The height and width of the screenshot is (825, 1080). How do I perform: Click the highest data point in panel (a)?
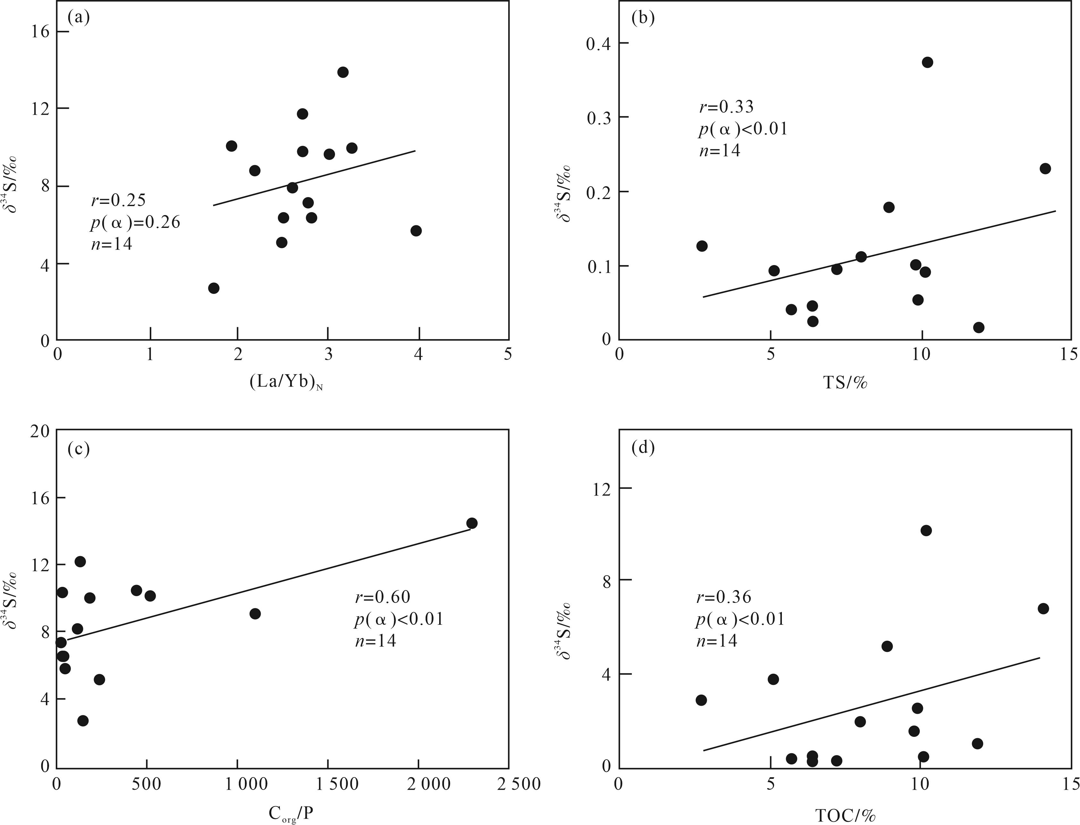point(343,72)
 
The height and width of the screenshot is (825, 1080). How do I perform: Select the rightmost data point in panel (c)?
point(472,523)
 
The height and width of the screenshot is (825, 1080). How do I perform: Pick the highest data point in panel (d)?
point(926,530)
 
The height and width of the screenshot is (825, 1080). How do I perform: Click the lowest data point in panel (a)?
point(213,288)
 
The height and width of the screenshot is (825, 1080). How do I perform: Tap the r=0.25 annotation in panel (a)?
point(118,200)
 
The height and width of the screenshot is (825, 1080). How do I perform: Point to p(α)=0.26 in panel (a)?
point(135,222)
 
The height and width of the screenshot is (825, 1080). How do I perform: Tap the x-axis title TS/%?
point(845,383)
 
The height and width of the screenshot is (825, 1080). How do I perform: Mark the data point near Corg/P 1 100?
point(255,614)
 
